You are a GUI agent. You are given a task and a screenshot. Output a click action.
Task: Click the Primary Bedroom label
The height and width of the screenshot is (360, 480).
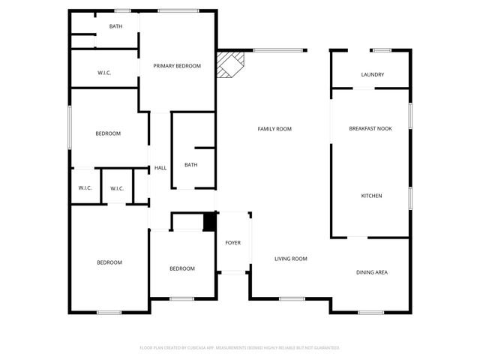[x=177, y=66]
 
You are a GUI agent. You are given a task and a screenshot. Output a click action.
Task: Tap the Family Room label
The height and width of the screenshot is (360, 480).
[x=274, y=129]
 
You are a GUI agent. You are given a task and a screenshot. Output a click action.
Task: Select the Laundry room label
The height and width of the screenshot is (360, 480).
[x=372, y=74]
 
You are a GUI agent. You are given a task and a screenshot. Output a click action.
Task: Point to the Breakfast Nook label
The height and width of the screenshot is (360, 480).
[x=370, y=129]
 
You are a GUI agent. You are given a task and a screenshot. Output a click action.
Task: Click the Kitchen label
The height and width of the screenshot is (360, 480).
[x=371, y=196]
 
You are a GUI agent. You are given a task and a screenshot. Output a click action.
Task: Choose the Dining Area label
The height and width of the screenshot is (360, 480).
[x=371, y=271]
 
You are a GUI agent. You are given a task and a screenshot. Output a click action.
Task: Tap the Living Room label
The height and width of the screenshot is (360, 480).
[x=290, y=259]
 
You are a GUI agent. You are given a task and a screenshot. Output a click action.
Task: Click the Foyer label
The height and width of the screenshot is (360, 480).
[x=233, y=243]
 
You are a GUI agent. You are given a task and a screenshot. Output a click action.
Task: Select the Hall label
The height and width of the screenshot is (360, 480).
[x=160, y=168]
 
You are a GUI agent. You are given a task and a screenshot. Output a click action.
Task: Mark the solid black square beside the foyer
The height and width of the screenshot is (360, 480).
[x=210, y=223]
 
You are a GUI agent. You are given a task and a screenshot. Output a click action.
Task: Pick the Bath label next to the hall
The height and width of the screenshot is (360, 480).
[x=191, y=165]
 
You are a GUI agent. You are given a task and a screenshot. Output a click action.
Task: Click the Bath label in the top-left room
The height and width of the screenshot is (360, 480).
[x=115, y=26]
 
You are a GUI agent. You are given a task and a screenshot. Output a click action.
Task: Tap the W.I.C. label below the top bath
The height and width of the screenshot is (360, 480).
[x=105, y=73]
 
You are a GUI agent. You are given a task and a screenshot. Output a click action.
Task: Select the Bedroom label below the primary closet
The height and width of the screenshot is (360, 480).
[x=108, y=133]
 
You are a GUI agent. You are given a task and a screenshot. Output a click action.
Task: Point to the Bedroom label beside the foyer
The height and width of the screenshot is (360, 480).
[x=181, y=268]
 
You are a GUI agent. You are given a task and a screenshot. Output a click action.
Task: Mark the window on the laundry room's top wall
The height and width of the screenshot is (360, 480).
[x=382, y=50]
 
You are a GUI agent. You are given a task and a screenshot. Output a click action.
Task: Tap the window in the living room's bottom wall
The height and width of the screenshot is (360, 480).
[x=291, y=298]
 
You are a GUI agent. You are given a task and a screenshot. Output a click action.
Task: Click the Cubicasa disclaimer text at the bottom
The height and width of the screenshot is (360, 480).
[x=240, y=348]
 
